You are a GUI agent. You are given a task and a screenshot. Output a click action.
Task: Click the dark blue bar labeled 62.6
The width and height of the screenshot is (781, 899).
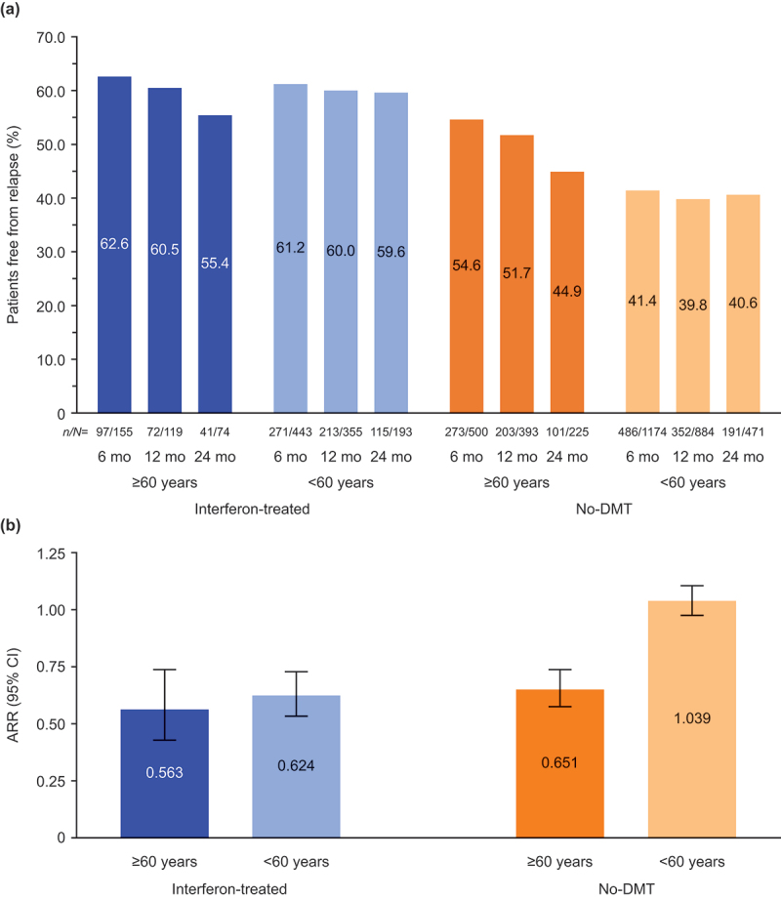(x=114, y=244)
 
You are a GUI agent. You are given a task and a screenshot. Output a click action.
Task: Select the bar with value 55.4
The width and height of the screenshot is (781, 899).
(x=215, y=264)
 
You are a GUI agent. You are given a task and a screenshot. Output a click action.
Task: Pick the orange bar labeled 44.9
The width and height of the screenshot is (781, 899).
(x=567, y=293)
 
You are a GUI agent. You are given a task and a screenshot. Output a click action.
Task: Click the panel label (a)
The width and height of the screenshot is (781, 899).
(x=14, y=11)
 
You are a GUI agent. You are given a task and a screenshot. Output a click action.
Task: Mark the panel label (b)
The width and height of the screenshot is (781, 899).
(x=14, y=528)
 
